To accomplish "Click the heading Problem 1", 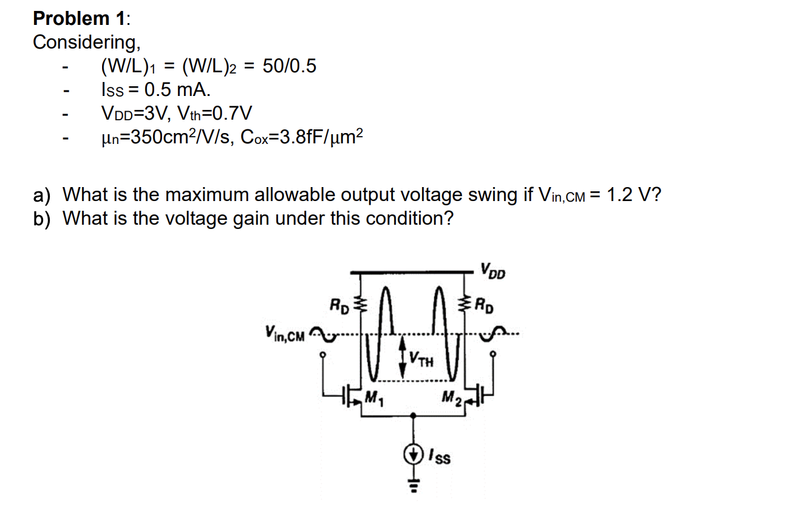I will pyautogui.click(x=81, y=18).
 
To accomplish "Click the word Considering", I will pyautogui.click(x=86, y=43).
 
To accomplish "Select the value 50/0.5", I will pyautogui.click(x=289, y=66).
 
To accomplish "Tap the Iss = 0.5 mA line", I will pyautogui.click(x=155, y=89).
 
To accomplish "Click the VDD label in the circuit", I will pyautogui.click(x=492, y=270).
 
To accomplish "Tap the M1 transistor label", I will pyautogui.click(x=373, y=399).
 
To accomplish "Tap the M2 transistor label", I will pyautogui.click(x=451, y=399).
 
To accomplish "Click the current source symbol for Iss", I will pyautogui.click(x=414, y=453).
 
